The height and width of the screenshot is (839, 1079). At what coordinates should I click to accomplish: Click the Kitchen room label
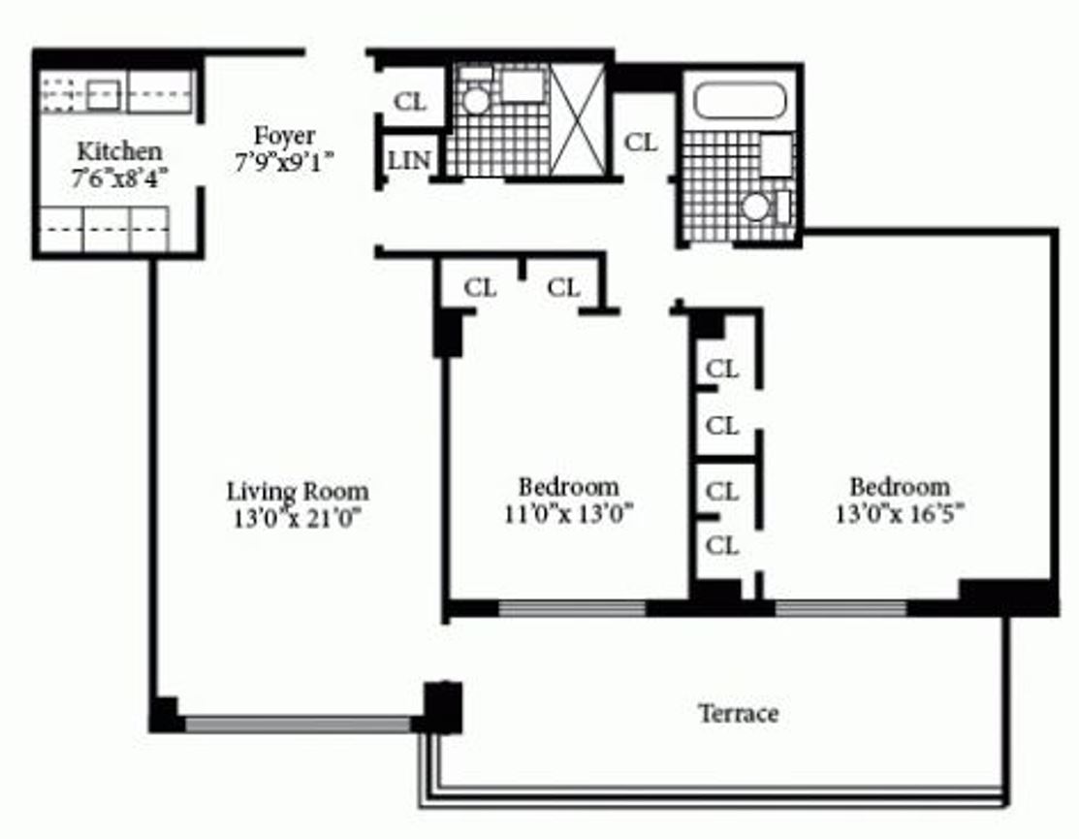pos(119,151)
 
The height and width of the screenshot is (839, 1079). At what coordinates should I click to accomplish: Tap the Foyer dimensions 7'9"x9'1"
pos(284,163)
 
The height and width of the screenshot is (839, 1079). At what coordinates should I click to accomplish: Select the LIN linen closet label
pos(409,161)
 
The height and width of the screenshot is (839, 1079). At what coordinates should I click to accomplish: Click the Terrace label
pos(738,714)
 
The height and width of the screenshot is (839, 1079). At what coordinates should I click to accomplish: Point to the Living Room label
pos(297,491)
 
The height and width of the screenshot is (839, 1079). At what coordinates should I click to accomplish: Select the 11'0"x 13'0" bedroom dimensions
pos(569,513)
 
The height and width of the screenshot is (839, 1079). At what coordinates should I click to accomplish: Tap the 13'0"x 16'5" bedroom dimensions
pos(899,513)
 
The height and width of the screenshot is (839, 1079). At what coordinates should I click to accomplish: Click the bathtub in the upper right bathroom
pos(740,100)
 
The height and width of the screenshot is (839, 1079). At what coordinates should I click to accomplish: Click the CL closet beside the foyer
pos(411,102)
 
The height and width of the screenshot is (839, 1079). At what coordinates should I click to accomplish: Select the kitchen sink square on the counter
pos(103,95)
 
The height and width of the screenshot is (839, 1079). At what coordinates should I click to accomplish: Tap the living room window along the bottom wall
pos(298,725)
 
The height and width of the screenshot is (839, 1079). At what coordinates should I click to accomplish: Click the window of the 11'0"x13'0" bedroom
pos(572,609)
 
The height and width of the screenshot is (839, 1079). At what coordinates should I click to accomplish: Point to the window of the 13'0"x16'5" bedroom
pos(841,609)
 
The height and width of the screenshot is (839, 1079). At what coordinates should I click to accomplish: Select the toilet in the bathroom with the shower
pos(475,98)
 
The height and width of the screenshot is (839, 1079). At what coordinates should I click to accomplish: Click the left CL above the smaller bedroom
pos(480,288)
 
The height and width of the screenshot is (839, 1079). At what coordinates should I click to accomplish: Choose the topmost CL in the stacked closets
pos(721,370)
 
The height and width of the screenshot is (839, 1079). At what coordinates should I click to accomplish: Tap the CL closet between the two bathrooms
pos(641,142)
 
